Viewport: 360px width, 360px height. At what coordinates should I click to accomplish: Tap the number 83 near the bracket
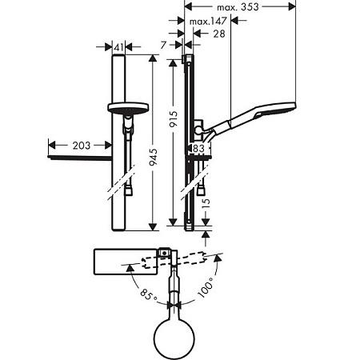198,148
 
